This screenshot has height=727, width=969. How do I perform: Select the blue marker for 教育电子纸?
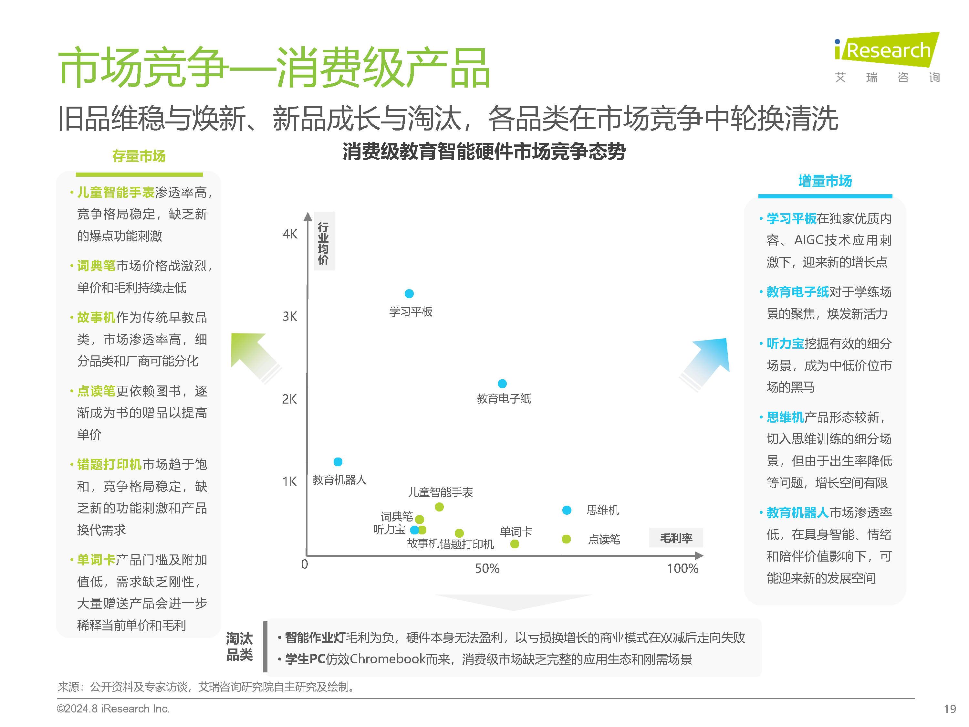(x=502, y=384)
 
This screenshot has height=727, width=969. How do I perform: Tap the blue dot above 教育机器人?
(x=338, y=462)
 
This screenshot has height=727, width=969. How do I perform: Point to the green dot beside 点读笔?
(x=566, y=539)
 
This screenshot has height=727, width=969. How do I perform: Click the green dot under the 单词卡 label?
(x=515, y=544)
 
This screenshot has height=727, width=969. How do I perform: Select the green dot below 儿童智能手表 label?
(x=439, y=507)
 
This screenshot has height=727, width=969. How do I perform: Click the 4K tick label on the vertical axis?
(x=289, y=234)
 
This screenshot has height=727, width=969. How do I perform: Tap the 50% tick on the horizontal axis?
(x=487, y=569)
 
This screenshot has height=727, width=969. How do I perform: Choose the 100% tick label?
(x=682, y=569)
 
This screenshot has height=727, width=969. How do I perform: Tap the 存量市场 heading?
(x=139, y=156)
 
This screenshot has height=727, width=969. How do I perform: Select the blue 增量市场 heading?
(x=825, y=181)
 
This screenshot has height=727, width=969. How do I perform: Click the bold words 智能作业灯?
(x=315, y=637)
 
